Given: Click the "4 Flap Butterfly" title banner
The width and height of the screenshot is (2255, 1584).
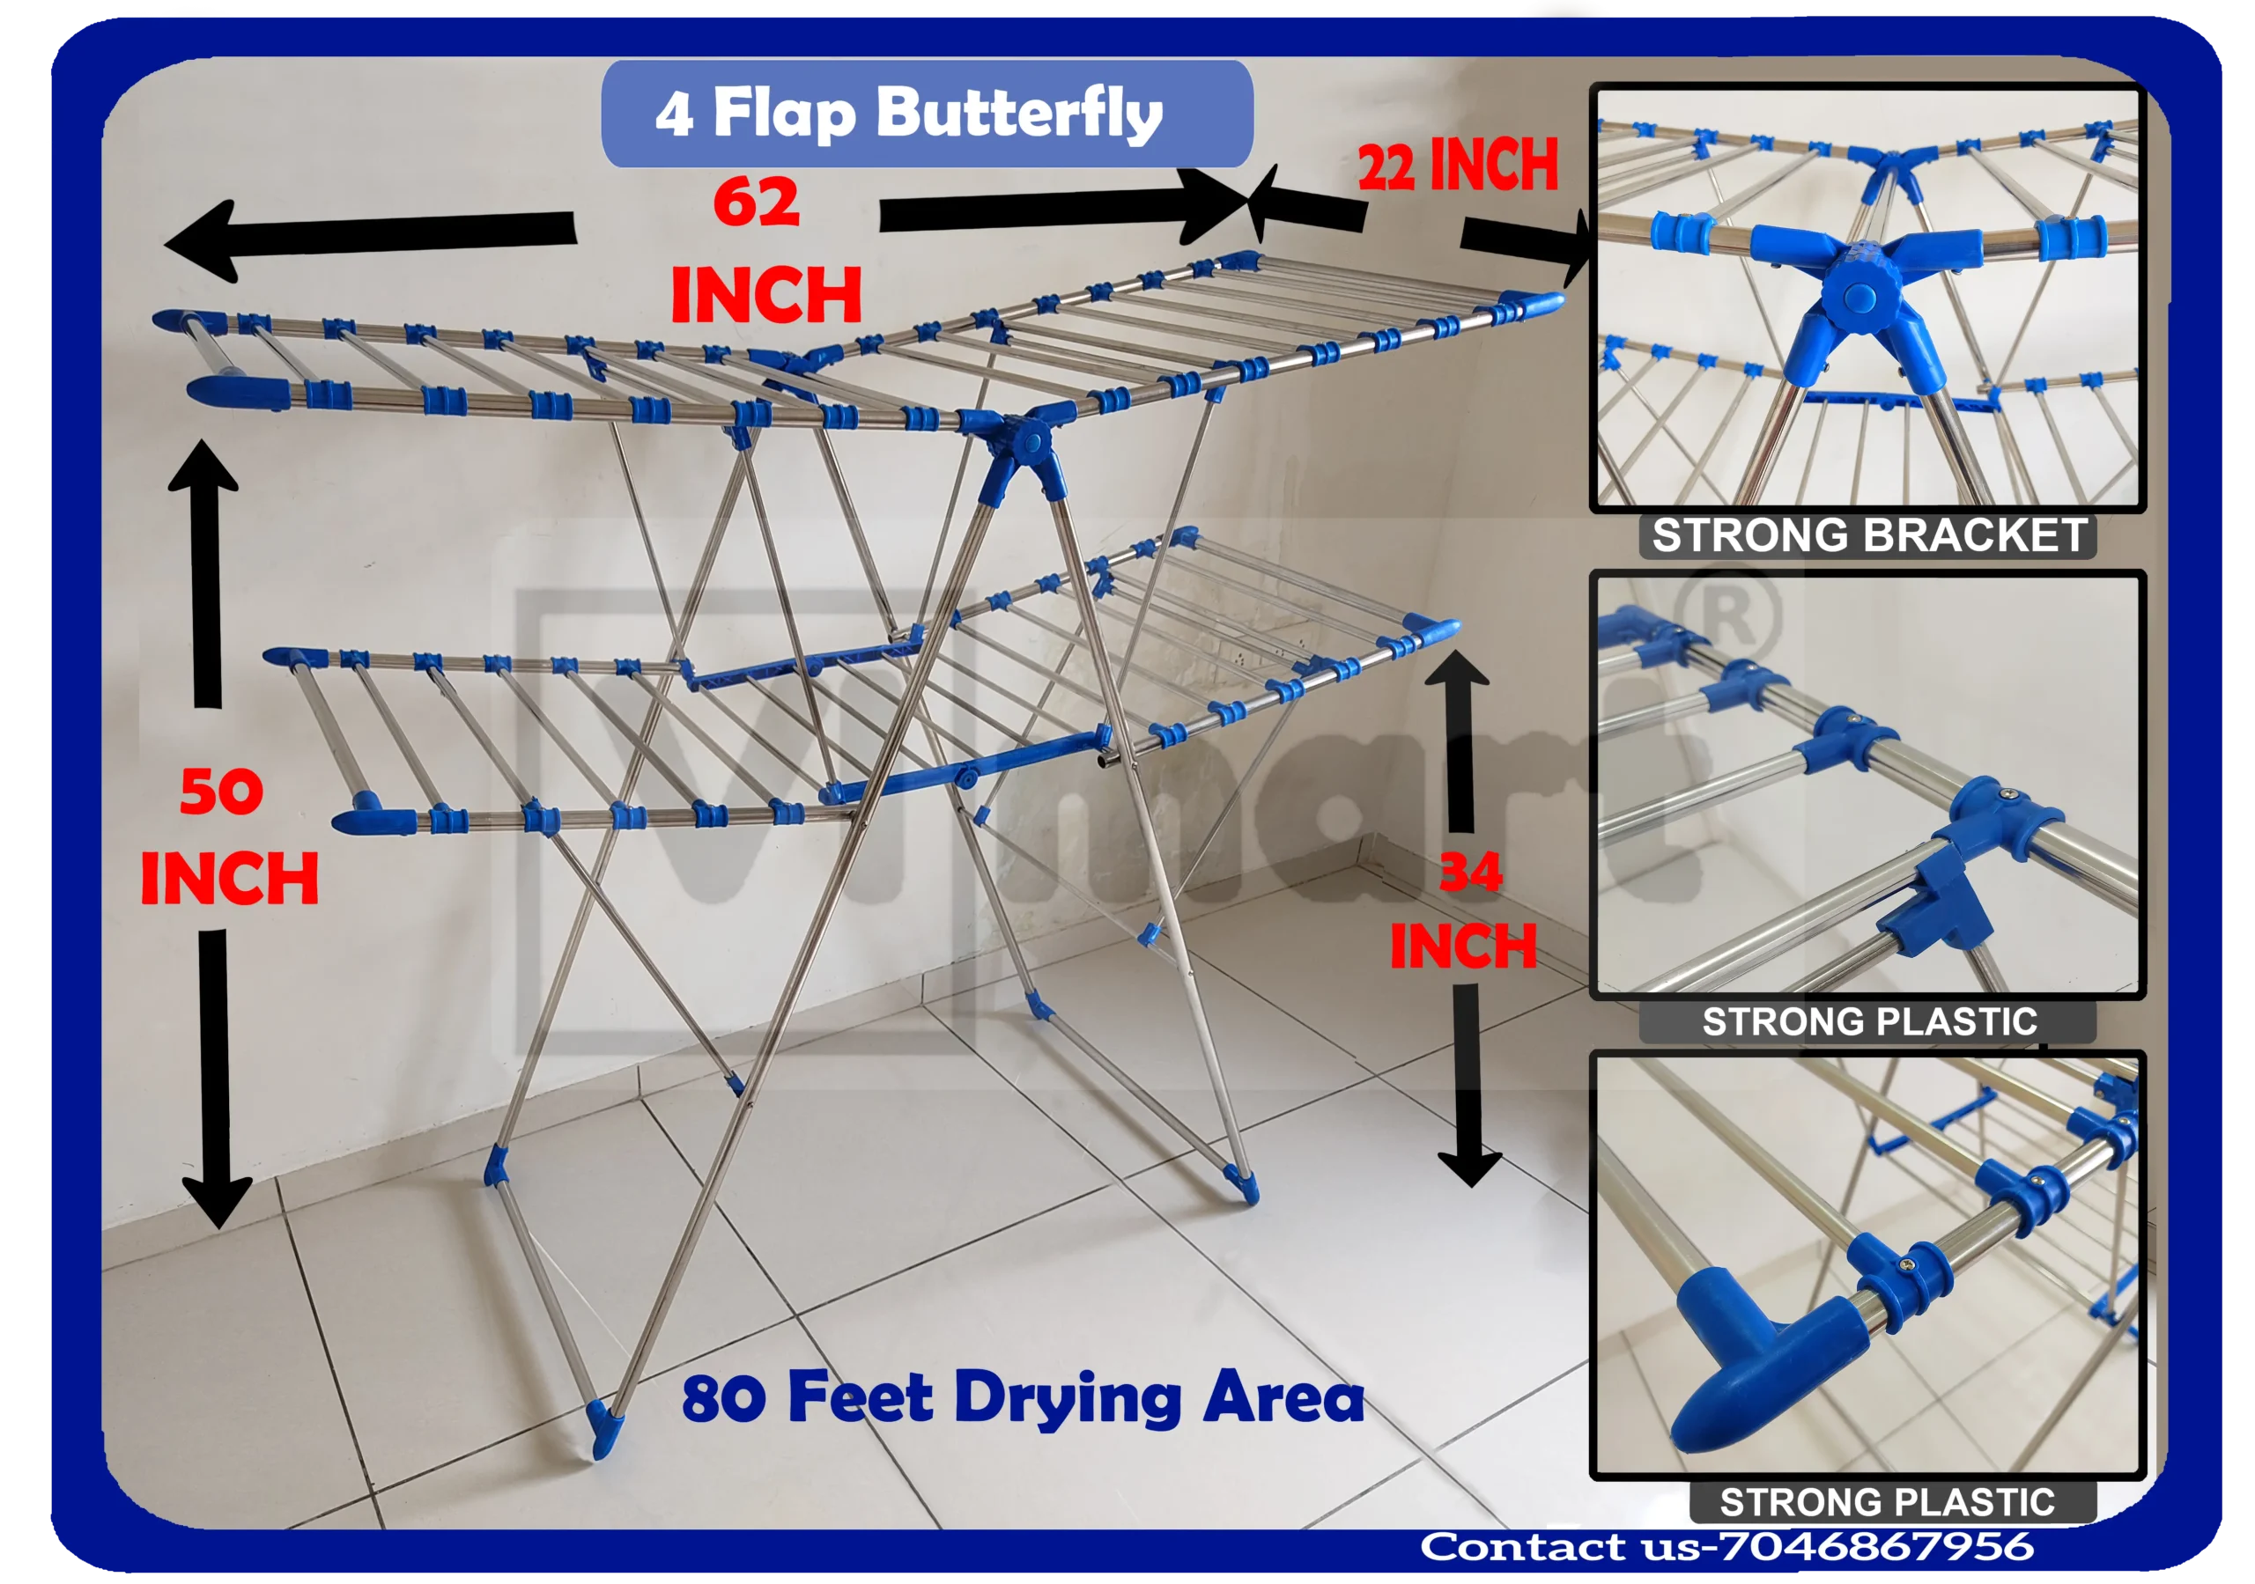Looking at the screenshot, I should click(x=925, y=114).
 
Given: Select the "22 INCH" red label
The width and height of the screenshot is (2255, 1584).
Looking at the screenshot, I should click(x=1458, y=165).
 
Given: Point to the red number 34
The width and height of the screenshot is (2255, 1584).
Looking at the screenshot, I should click(x=1470, y=871).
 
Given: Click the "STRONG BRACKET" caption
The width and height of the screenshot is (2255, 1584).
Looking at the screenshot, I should click(x=1868, y=536).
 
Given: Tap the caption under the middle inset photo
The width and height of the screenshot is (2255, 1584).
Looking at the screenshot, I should click(x=1868, y=1021).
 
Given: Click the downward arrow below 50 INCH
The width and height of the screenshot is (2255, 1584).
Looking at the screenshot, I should click(x=215, y=1076).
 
